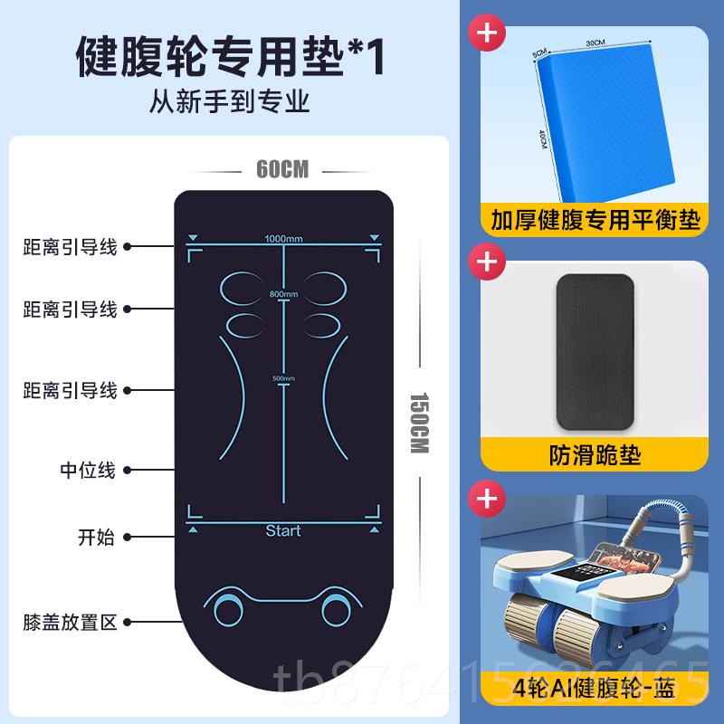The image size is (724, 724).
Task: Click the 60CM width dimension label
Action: tap(283, 168)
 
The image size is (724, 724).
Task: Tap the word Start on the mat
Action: tap(283, 530)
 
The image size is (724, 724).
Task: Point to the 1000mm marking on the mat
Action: tap(283, 239)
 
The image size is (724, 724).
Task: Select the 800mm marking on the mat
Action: tap(283, 295)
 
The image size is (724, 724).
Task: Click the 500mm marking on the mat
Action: tap(283, 378)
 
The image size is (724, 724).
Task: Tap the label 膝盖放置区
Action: tap(71, 622)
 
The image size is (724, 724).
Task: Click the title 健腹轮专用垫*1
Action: tap(231, 56)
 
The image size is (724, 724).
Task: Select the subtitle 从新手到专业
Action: tap(230, 101)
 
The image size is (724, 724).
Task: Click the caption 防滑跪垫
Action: tap(595, 454)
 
